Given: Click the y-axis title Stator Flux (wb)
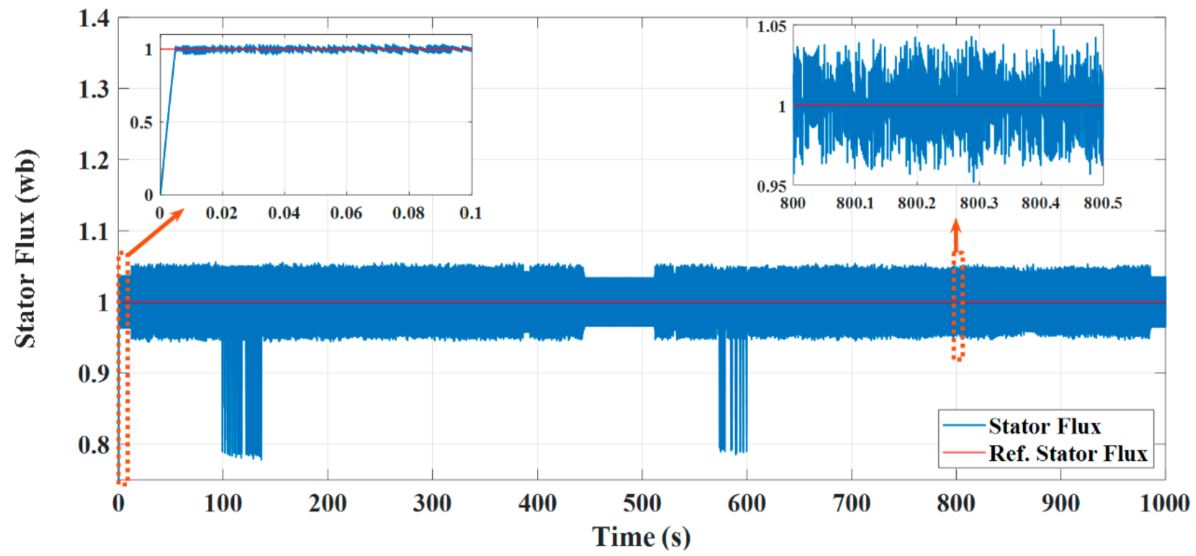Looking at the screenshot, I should (26, 249).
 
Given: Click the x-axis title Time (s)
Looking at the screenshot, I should (641, 537).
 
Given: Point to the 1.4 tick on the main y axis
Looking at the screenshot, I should (94, 18).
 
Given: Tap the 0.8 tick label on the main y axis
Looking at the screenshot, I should (94, 445).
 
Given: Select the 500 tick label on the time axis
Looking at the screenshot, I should (641, 504).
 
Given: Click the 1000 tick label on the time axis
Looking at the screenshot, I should (1164, 504).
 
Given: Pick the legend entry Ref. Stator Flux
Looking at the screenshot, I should (1067, 453).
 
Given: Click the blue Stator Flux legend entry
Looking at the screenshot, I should (1044, 427).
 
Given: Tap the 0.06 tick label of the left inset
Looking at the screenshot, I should (346, 213).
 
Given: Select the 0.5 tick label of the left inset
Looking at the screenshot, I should (142, 123).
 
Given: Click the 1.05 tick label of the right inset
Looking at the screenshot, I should (771, 27).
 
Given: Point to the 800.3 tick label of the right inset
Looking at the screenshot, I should (979, 203).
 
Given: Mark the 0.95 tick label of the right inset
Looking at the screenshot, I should (771, 187).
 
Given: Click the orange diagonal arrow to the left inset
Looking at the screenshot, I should (155, 231).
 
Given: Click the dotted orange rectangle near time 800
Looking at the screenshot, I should (958, 306).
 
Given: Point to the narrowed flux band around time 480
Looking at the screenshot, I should (620, 302).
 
